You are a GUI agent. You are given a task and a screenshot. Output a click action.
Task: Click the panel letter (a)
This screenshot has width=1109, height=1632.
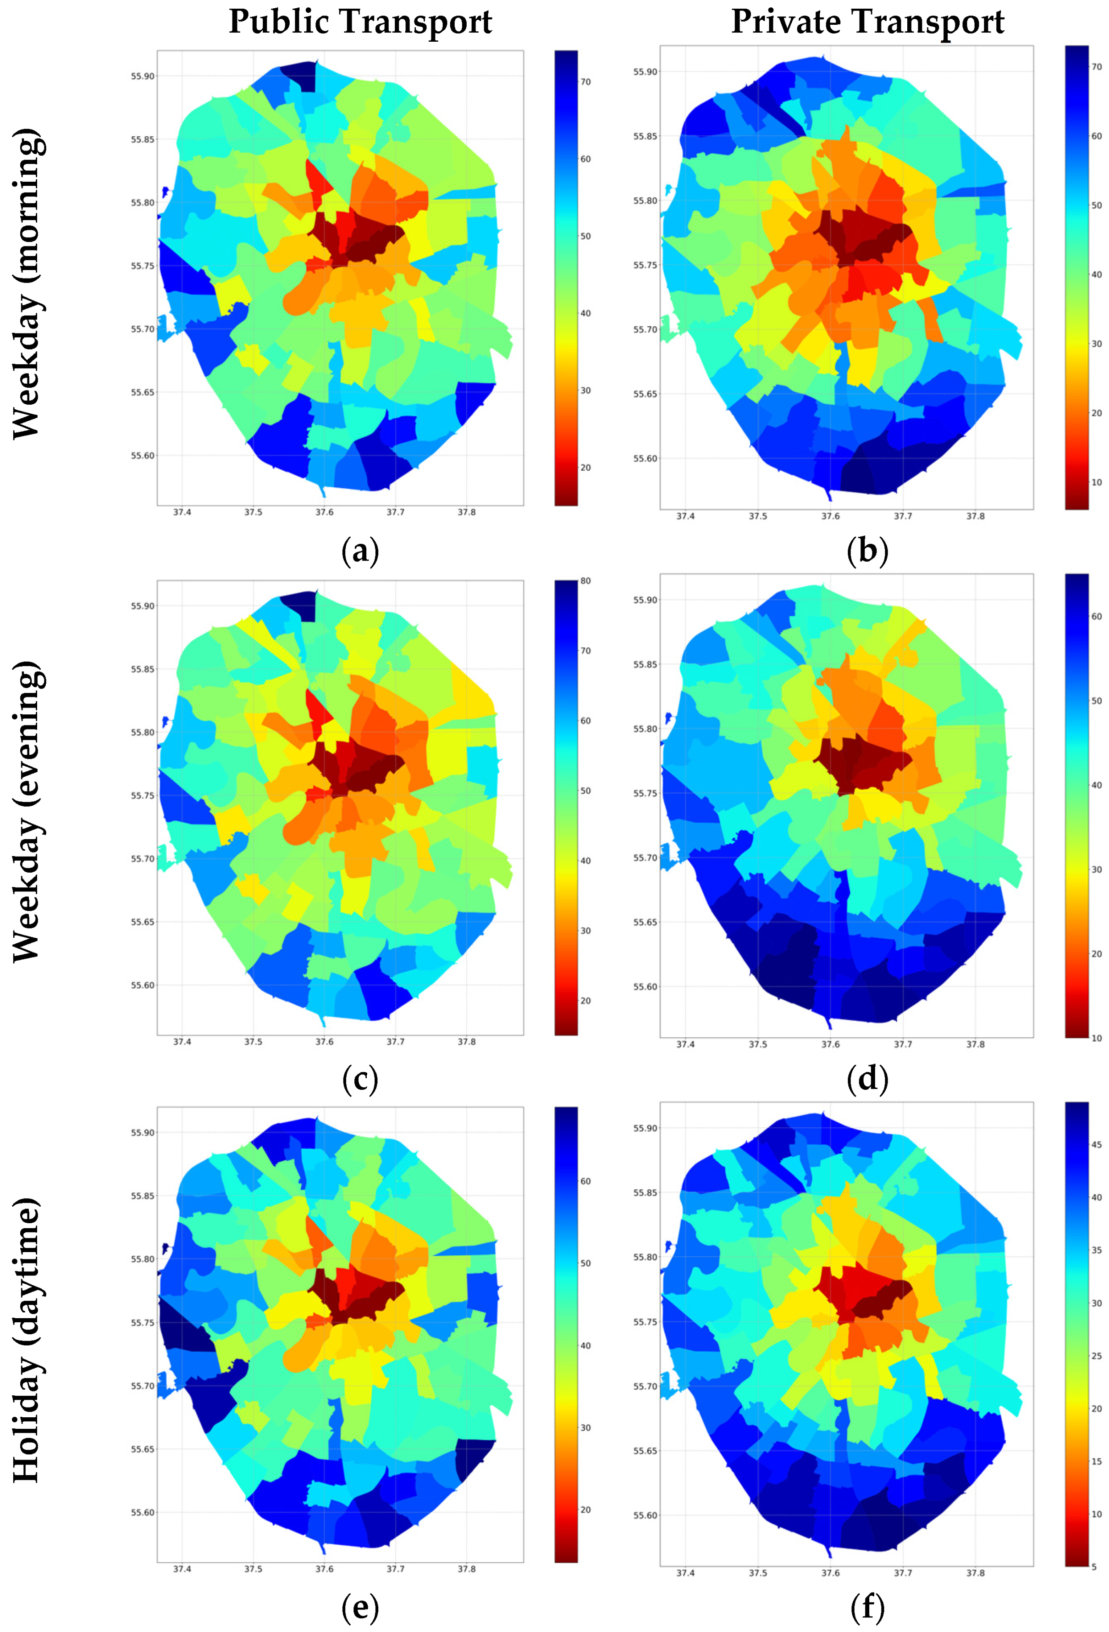click(360, 551)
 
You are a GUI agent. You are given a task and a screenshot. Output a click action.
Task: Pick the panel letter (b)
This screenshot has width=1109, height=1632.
click(867, 551)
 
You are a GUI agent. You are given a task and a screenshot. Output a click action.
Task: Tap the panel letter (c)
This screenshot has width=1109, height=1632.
click(360, 1079)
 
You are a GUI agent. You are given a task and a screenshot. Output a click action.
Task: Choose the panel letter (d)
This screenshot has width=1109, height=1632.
click(867, 1079)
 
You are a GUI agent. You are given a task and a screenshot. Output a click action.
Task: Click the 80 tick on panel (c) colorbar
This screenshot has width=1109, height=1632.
click(585, 581)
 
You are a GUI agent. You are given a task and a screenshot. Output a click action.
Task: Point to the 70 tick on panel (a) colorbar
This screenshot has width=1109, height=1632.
click(585, 82)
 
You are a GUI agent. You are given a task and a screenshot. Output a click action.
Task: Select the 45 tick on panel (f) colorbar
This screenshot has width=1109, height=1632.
click(1096, 1145)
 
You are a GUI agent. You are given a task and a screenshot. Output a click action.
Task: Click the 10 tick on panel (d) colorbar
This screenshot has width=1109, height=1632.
click(1096, 1038)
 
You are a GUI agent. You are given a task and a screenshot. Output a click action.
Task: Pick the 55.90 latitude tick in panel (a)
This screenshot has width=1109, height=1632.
click(143, 76)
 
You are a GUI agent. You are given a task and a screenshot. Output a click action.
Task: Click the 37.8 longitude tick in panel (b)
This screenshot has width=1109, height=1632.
click(975, 516)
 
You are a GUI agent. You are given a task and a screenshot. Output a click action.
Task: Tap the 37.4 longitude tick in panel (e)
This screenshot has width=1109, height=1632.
click(182, 1569)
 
